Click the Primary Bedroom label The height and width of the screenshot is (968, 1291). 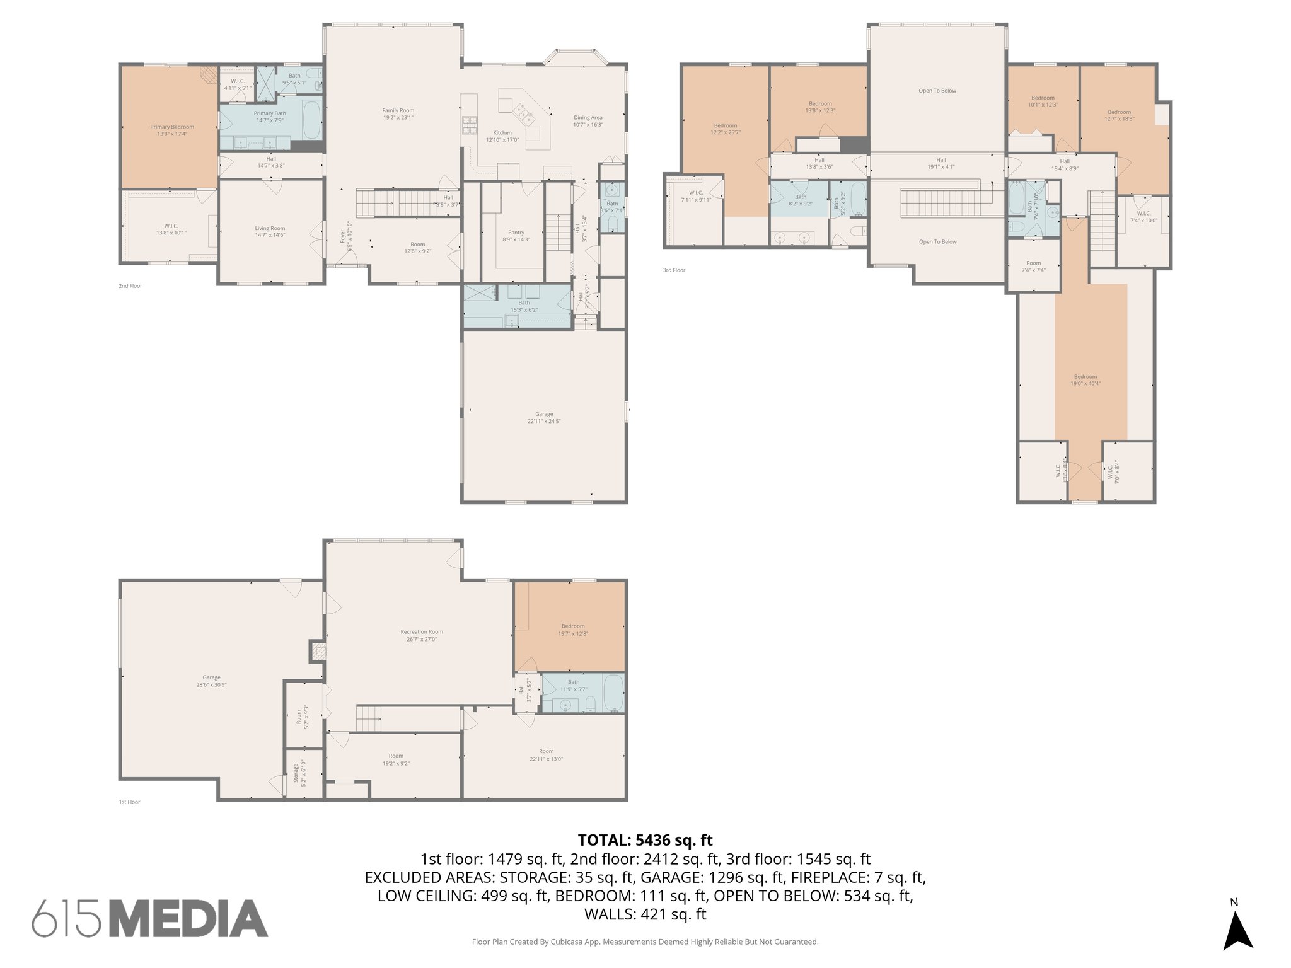[171, 130]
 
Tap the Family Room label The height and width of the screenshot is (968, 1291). [398, 113]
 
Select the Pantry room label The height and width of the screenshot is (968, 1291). [516, 236]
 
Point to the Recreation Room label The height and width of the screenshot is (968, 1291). [422, 635]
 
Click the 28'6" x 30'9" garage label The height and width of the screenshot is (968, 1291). [211, 681]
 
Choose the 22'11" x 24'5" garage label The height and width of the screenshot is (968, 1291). [544, 417]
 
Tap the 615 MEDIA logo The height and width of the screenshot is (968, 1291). [150, 918]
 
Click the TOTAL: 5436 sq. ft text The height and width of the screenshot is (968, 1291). [645, 840]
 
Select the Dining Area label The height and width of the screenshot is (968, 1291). [588, 120]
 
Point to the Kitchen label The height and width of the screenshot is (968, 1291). [502, 136]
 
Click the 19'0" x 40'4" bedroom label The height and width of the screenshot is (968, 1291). [1085, 379]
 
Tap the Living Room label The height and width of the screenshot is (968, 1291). [270, 231]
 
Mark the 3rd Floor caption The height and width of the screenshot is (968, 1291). [673, 270]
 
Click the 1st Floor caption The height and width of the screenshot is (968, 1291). [129, 802]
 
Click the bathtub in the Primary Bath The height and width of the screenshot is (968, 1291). [311, 120]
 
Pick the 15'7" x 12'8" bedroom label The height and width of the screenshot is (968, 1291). [572, 630]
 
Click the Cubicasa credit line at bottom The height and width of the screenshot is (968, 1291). [645, 942]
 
